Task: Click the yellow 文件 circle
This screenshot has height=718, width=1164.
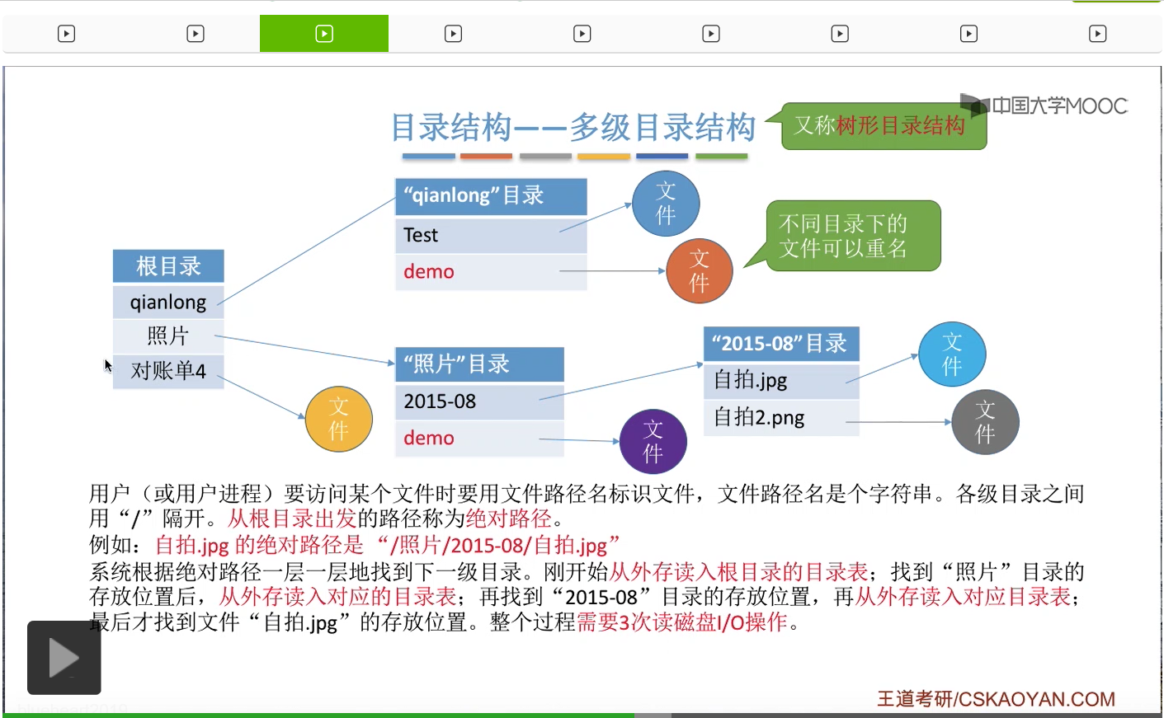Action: click(338, 419)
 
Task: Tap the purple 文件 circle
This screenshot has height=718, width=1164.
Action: click(653, 441)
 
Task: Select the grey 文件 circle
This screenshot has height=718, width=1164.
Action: click(985, 422)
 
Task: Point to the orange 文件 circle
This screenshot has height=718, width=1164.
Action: click(699, 270)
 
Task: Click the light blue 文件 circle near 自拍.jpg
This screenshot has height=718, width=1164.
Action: click(952, 354)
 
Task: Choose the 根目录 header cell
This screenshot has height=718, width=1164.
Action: click(168, 266)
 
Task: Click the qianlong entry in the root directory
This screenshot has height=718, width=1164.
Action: click(168, 302)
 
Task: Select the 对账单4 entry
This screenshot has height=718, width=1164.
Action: click(168, 371)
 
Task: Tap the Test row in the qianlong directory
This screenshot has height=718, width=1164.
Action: click(491, 235)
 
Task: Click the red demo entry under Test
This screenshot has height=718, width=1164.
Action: click(429, 272)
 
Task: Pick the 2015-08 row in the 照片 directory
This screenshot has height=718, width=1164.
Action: click(479, 401)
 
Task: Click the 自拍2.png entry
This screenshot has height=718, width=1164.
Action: click(759, 417)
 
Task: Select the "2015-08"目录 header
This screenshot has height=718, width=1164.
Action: click(780, 343)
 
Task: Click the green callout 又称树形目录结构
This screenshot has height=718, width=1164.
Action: click(883, 125)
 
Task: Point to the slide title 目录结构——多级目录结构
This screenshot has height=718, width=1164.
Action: click(573, 128)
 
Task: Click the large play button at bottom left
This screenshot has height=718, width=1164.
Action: click(64, 658)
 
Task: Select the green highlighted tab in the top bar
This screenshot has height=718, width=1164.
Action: click(324, 34)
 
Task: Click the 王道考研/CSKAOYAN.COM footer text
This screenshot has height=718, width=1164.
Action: click(996, 699)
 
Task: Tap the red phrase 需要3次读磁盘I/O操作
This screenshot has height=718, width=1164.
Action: click(682, 622)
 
